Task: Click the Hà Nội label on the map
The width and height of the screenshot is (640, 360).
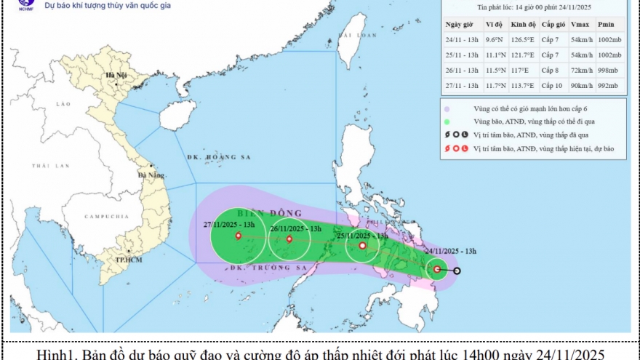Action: pos(116,76)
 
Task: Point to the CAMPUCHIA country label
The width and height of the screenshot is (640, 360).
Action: pos(106,217)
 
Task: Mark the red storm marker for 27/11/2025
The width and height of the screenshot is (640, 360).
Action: pos(239,236)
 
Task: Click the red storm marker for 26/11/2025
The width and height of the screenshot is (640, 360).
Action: pos(289,239)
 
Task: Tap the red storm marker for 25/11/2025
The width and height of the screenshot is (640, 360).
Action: pos(362,246)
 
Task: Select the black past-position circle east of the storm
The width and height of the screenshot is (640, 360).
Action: pos(457,271)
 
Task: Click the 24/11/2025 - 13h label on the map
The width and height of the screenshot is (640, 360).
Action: pos(450,251)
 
